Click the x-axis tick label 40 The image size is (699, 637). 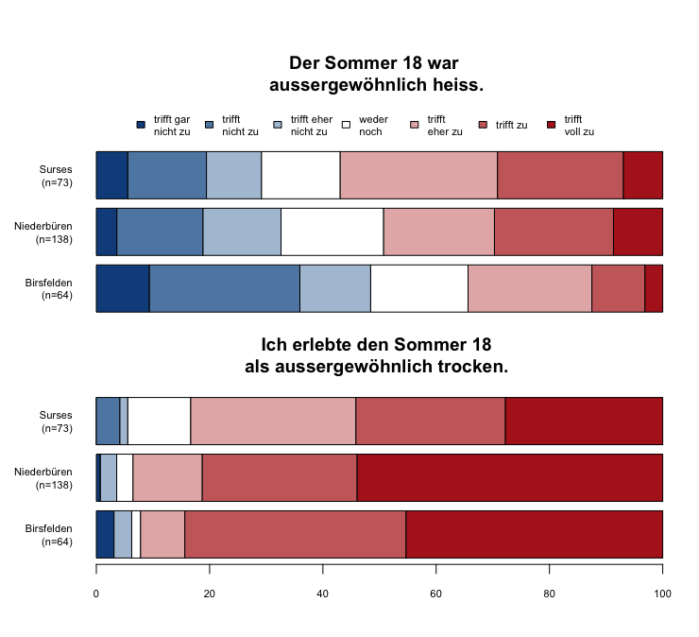(x=323, y=594)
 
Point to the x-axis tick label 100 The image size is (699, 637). (x=662, y=594)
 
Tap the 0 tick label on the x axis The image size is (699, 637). (x=96, y=594)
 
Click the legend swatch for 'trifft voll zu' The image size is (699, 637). (x=553, y=125)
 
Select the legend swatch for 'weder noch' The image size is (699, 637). (x=347, y=125)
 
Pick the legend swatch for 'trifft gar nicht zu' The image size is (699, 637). (x=141, y=125)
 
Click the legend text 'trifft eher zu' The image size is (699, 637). (x=444, y=125)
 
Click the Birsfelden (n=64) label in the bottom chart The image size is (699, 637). (x=49, y=535)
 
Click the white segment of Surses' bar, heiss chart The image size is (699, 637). (x=300, y=175)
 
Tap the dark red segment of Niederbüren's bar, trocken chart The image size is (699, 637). (x=509, y=477)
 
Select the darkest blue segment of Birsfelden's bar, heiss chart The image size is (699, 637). (x=123, y=288)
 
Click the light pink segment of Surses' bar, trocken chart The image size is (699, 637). (x=273, y=421)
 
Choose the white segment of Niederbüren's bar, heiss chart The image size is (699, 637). (x=332, y=232)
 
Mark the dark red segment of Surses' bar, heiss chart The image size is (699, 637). (x=642, y=175)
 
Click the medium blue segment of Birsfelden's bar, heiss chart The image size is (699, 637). (x=224, y=288)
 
